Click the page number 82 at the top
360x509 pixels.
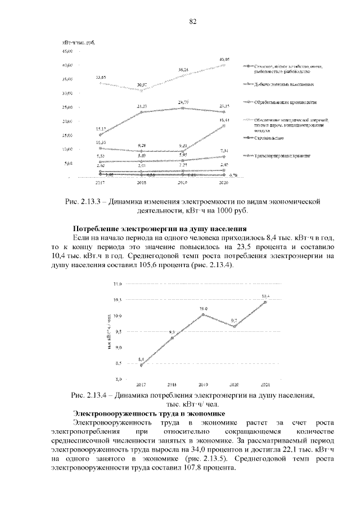pyautogui.click(x=192, y=21)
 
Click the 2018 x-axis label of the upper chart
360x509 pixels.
pyautogui.click(x=142, y=183)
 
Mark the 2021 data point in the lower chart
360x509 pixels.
pyautogui.click(x=265, y=302)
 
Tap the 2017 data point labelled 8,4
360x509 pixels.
pyautogui.click(x=141, y=365)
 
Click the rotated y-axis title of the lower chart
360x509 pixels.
pyautogui.click(x=109, y=334)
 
